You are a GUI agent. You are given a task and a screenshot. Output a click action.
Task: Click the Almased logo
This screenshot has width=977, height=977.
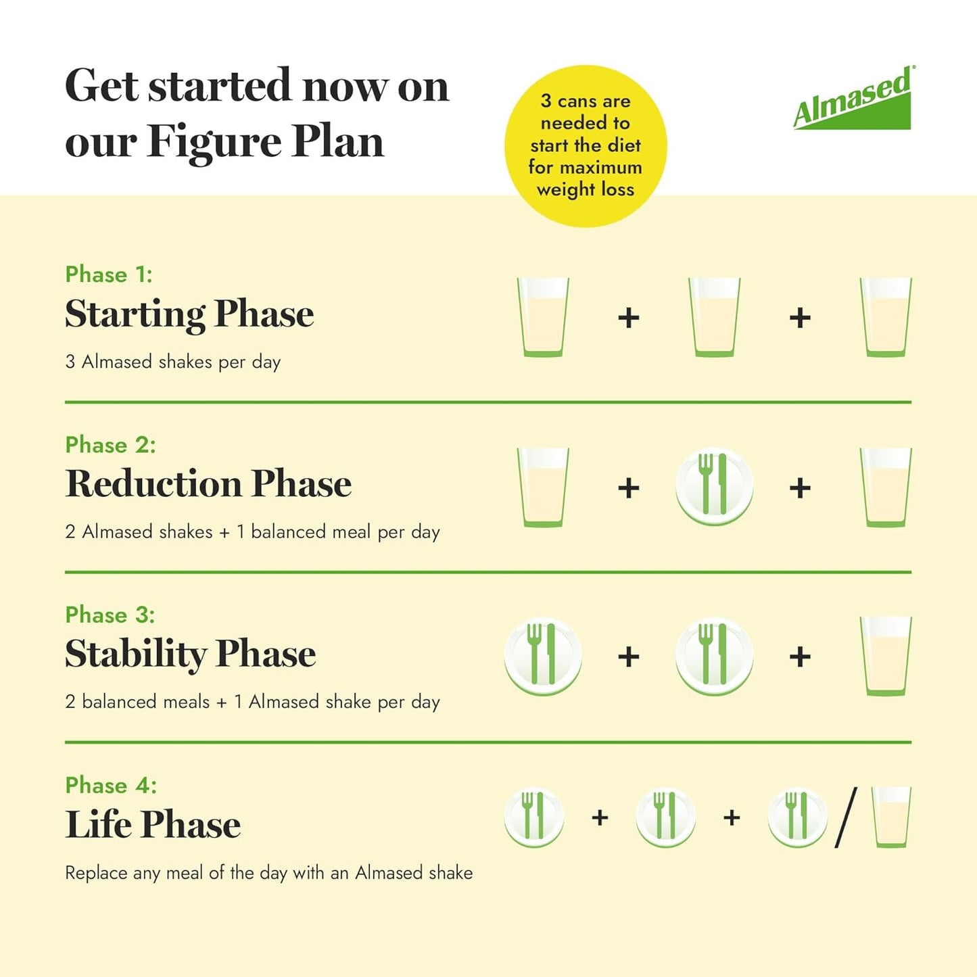click(x=853, y=99)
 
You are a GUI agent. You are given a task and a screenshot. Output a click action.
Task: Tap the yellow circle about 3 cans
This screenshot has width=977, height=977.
click(x=586, y=145)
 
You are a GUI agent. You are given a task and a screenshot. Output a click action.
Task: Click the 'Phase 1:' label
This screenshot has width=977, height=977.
click(x=109, y=275)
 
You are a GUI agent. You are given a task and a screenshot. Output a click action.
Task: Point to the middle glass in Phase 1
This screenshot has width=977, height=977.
click(x=714, y=317)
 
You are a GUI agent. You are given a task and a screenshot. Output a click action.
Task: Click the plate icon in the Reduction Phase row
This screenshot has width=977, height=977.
click(x=714, y=486)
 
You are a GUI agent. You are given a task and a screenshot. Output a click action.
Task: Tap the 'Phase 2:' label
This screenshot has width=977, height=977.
click(x=110, y=445)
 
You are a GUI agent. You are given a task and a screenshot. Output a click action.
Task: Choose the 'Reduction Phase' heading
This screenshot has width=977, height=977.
click(x=208, y=484)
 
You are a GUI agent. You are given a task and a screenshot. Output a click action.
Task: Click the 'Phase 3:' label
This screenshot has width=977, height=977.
click(x=110, y=615)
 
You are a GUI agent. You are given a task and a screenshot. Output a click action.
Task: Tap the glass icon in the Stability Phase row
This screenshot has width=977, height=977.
click(x=886, y=656)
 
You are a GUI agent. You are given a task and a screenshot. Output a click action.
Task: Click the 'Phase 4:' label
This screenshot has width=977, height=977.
click(x=111, y=785)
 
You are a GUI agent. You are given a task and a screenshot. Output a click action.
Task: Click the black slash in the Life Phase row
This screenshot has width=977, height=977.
click(x=847, y=817)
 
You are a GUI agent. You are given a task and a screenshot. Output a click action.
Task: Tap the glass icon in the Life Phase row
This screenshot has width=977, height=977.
click(x=891, y=817)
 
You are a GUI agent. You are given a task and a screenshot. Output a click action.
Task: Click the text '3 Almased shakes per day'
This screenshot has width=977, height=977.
click(x=173, y=362)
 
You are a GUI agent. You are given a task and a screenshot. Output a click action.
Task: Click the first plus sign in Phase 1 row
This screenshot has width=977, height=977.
click(x=629, y=318)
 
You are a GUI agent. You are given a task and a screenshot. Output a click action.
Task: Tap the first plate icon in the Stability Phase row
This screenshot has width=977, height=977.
click(x=542, y=656)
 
